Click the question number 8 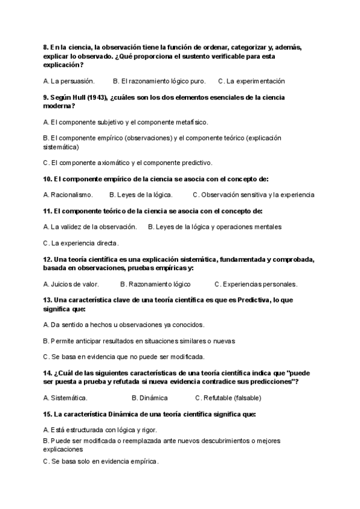coord(46,47)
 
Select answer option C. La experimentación coord(251,81)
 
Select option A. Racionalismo coord(68,194)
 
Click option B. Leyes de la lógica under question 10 coord(141,194)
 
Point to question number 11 coord(48,211)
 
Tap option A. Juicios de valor coord(71,284)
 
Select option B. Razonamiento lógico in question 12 coord(155,284)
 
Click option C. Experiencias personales coord(256,284)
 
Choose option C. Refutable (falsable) coord(228,397)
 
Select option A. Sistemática coord(65,397)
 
